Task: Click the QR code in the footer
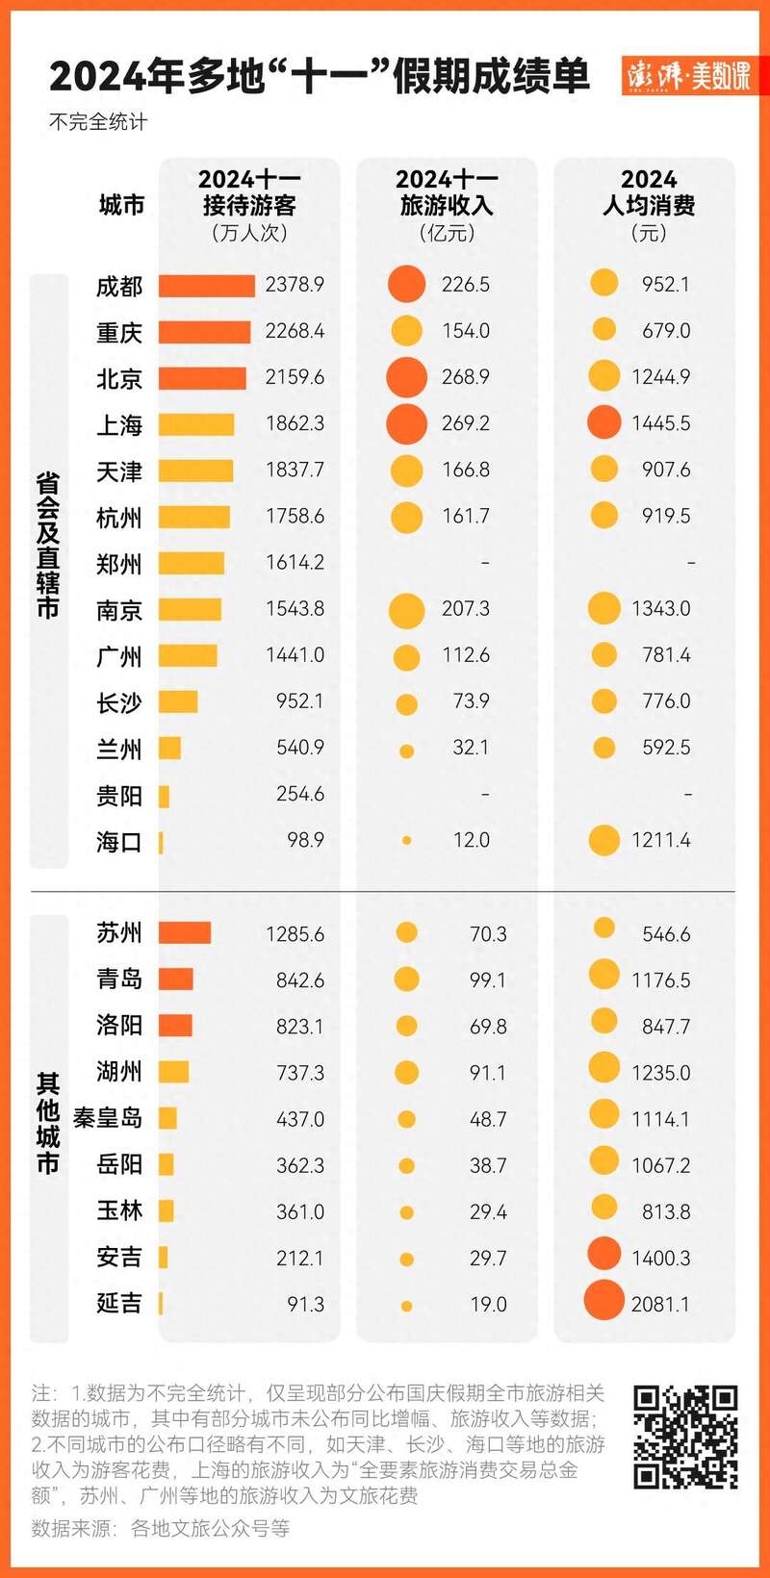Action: pyautogui.click(x=685, y=1437)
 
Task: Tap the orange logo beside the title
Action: pyautogui.click(x=688, y=75)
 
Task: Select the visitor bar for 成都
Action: pyautogui.click(x=207, y=286)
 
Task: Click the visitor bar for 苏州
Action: pyautogui.click(x=185, y=932)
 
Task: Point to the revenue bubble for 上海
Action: pyautogui.click(x=406, y=423)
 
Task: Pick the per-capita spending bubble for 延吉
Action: pyautogui.click(x=603, y=1301)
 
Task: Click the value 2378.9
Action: pyautogui.click(x=295, y=285)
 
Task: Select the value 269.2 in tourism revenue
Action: pyautogui.click(x=466, y=423)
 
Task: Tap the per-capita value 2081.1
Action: pyautogui.click(x=660, y=1305)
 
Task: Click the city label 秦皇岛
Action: pyautogui.click(x=108, y=1118)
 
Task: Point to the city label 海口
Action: pyautogui.click(x=119, y=842)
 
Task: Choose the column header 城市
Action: pyautogui.click(x=121, y=205)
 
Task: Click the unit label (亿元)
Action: pyautogui.click(x=447, y=233)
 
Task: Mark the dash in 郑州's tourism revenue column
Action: pyautogui.click(x=484, y=563)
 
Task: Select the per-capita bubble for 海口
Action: pyautogui.click(x=603, y=840)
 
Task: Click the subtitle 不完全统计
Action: pyautogui.click(x=98, y=122)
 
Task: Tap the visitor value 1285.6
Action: pyautogui.click(x=295, y=934)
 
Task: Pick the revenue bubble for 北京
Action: pyautogui.click(x=406, y=377)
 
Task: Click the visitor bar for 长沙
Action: pyautogui.click(x=178, y=701)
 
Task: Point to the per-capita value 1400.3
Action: pyautogui.click(x=660, y=1259)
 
